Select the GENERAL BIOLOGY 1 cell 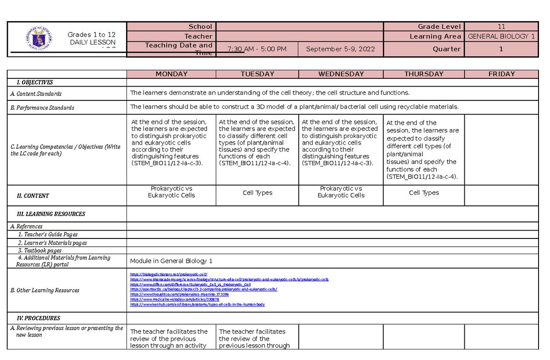(501, 36)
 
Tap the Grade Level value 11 (501, 27)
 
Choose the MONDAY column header (171, 74)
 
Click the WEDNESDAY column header (341, 74)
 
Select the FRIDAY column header (501, 74)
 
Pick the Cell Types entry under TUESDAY (258, 193)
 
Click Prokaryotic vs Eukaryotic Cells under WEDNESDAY (341, 192)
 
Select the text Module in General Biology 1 (171, 261)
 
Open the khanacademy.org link (229, 279)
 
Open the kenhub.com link (198, 304)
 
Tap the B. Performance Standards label (43, 108)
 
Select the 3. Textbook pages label (40, 250)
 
